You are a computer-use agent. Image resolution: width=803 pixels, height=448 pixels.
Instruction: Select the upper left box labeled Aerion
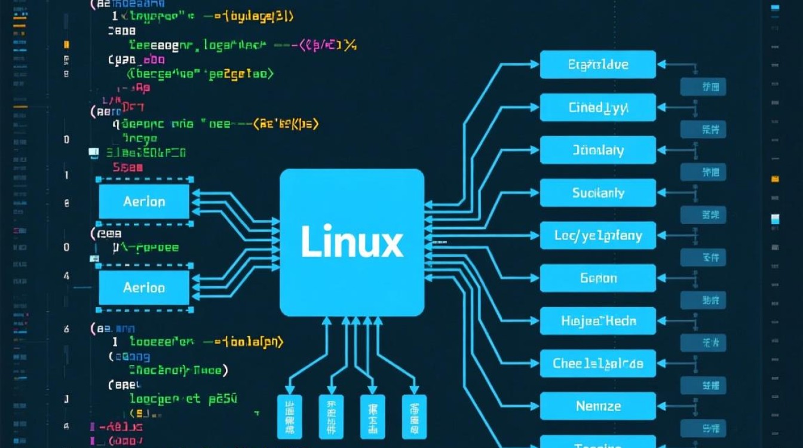[144, 201]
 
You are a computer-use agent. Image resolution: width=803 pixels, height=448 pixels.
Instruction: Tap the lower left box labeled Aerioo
[144, 288]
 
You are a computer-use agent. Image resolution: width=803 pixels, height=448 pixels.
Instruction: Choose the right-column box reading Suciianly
[597, 193]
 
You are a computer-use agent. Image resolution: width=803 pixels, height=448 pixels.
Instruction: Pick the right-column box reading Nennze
[597, 406]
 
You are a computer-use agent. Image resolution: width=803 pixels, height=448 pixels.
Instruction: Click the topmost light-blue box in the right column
[597, 65]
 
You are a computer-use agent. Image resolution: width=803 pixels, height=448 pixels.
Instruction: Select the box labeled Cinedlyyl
[597, 108]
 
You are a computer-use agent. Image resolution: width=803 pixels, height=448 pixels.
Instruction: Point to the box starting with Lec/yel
[597, 236]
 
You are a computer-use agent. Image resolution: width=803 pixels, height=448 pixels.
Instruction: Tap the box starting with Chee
[597, 363]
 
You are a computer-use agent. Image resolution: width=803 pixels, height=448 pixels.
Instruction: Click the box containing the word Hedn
[597, 321]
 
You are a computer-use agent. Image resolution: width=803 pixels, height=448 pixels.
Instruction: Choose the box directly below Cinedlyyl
[597, 150]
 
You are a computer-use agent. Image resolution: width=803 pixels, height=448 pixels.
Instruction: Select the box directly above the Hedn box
[597, 278]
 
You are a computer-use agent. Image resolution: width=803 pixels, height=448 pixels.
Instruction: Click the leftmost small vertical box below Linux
[290, 416]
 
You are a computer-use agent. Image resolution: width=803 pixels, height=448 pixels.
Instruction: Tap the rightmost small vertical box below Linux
[414, 416]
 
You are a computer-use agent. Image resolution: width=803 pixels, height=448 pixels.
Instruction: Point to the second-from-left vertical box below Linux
[331, 416]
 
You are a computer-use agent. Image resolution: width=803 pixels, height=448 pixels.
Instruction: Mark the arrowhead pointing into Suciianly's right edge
[660, 193]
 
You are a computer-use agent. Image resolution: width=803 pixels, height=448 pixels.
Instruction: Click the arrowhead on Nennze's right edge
[660, 406]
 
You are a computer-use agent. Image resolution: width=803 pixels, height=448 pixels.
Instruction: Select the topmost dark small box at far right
[703, 87]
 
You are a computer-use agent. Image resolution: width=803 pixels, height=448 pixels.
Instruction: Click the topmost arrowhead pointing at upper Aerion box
[193, 192]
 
